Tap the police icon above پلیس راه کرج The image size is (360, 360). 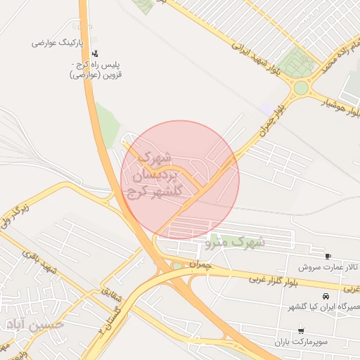(96, 53)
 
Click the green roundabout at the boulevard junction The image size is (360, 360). (302, 88)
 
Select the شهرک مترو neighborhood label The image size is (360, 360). (236, 242)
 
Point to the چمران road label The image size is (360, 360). (200, 264)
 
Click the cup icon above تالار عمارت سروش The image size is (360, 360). (328, 256)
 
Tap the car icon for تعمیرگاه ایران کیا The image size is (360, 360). (326, 296)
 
